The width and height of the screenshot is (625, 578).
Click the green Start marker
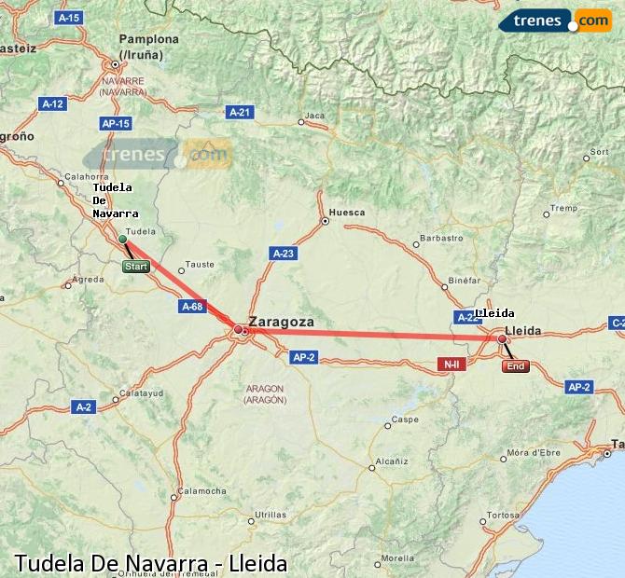tap(135, 267)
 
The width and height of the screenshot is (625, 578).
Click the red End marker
tap(515, 366)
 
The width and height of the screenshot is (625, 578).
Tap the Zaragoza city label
tap(281, 322)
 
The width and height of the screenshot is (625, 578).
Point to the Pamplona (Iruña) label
tap(148, 47)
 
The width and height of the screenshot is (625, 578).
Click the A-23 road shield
tap(283, 253)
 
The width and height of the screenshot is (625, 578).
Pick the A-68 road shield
tap(192, 306)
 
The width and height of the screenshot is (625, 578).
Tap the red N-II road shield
tap(451, 364)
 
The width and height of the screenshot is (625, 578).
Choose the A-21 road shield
tap(240, 112)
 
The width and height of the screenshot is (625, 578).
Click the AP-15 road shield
tap(115, 123)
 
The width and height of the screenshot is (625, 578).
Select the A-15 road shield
tap(68, 18)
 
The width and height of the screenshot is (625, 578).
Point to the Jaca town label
tap(315, 116)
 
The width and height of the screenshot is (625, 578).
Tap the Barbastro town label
tap(441, 238)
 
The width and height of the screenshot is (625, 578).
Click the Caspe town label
tap(404, 420)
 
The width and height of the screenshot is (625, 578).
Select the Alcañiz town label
tap(389, 461)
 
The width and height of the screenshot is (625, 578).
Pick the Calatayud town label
tap(142, 392)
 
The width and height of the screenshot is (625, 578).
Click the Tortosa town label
tap(502, 515)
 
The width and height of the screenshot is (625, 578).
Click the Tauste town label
tap(201, 264)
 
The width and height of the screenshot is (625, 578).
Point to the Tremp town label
tap(563, 208)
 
